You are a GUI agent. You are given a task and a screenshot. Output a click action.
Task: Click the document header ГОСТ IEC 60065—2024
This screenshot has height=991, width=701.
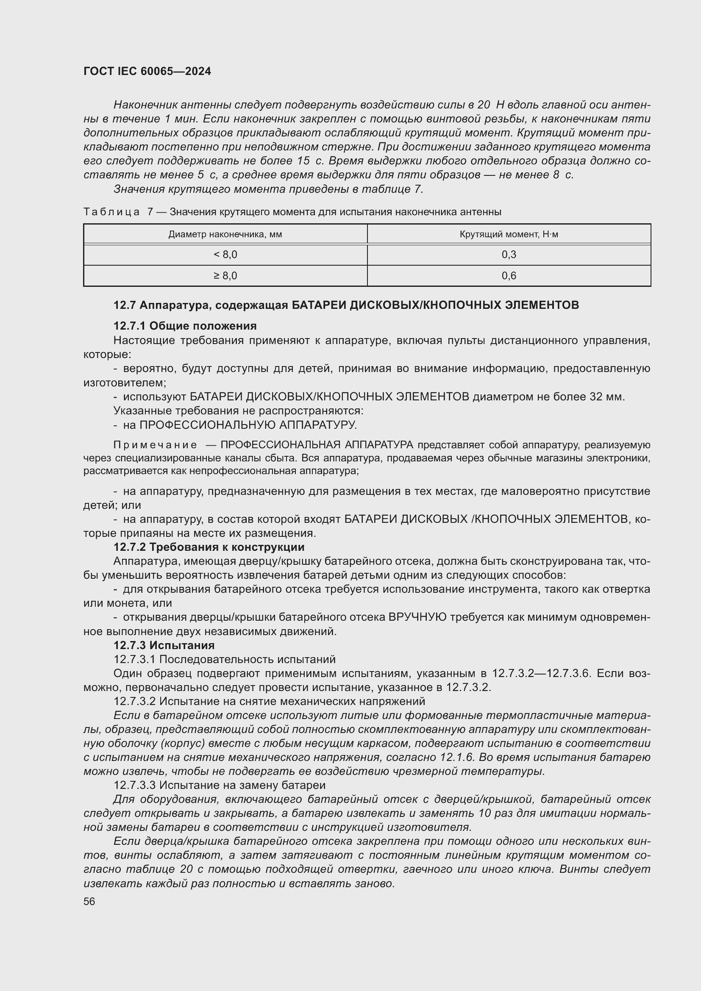coord(147,71)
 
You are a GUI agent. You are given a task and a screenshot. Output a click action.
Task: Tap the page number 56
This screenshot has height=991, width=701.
coord(89,901)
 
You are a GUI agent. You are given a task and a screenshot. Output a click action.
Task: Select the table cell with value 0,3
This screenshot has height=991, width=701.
coord(509,255)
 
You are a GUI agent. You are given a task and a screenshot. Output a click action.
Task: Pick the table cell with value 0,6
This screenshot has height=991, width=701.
coord(509,275)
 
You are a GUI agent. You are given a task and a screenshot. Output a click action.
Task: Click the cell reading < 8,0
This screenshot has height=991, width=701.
coord(225,255)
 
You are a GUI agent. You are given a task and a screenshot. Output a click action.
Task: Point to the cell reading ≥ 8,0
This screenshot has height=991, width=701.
coord(225,275)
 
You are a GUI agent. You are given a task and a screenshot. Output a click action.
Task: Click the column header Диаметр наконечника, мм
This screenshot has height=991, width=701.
coord(225,234)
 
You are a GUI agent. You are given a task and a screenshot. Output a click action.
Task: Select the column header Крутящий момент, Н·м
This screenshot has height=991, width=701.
coord(509,234)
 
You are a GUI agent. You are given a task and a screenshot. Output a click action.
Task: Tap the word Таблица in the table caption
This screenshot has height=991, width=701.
coord(111,212)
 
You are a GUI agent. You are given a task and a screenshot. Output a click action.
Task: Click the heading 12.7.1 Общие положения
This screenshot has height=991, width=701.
coord(185,326)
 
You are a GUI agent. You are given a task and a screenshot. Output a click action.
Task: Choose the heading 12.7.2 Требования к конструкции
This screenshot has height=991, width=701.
coord(209,547)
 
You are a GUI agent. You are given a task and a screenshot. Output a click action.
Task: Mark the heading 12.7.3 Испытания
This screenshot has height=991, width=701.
coord(164,645)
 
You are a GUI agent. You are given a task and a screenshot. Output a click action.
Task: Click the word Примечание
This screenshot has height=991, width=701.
coord(156,445)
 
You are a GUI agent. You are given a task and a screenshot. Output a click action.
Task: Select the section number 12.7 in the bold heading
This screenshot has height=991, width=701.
coord(125,305)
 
